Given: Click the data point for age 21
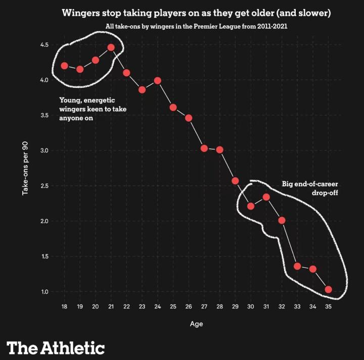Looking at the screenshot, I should [111, 47].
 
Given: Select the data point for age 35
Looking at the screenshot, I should [328, 289].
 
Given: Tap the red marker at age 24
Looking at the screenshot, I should [158, 80].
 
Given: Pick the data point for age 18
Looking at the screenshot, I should [65, 66].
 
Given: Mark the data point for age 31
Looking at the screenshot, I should [266, 197].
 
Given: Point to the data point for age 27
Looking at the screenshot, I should [204, 148].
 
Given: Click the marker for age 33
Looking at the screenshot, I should [297, 266].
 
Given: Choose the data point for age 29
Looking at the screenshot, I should [235, 181].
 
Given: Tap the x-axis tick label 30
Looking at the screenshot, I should [251, 307].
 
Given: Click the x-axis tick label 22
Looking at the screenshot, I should [126, 307].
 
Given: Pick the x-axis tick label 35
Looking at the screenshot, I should [328, 307].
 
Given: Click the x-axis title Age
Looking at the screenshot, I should [196, 324].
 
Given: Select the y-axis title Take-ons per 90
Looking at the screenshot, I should [25, 168].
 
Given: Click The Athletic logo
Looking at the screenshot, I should [56, 347].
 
